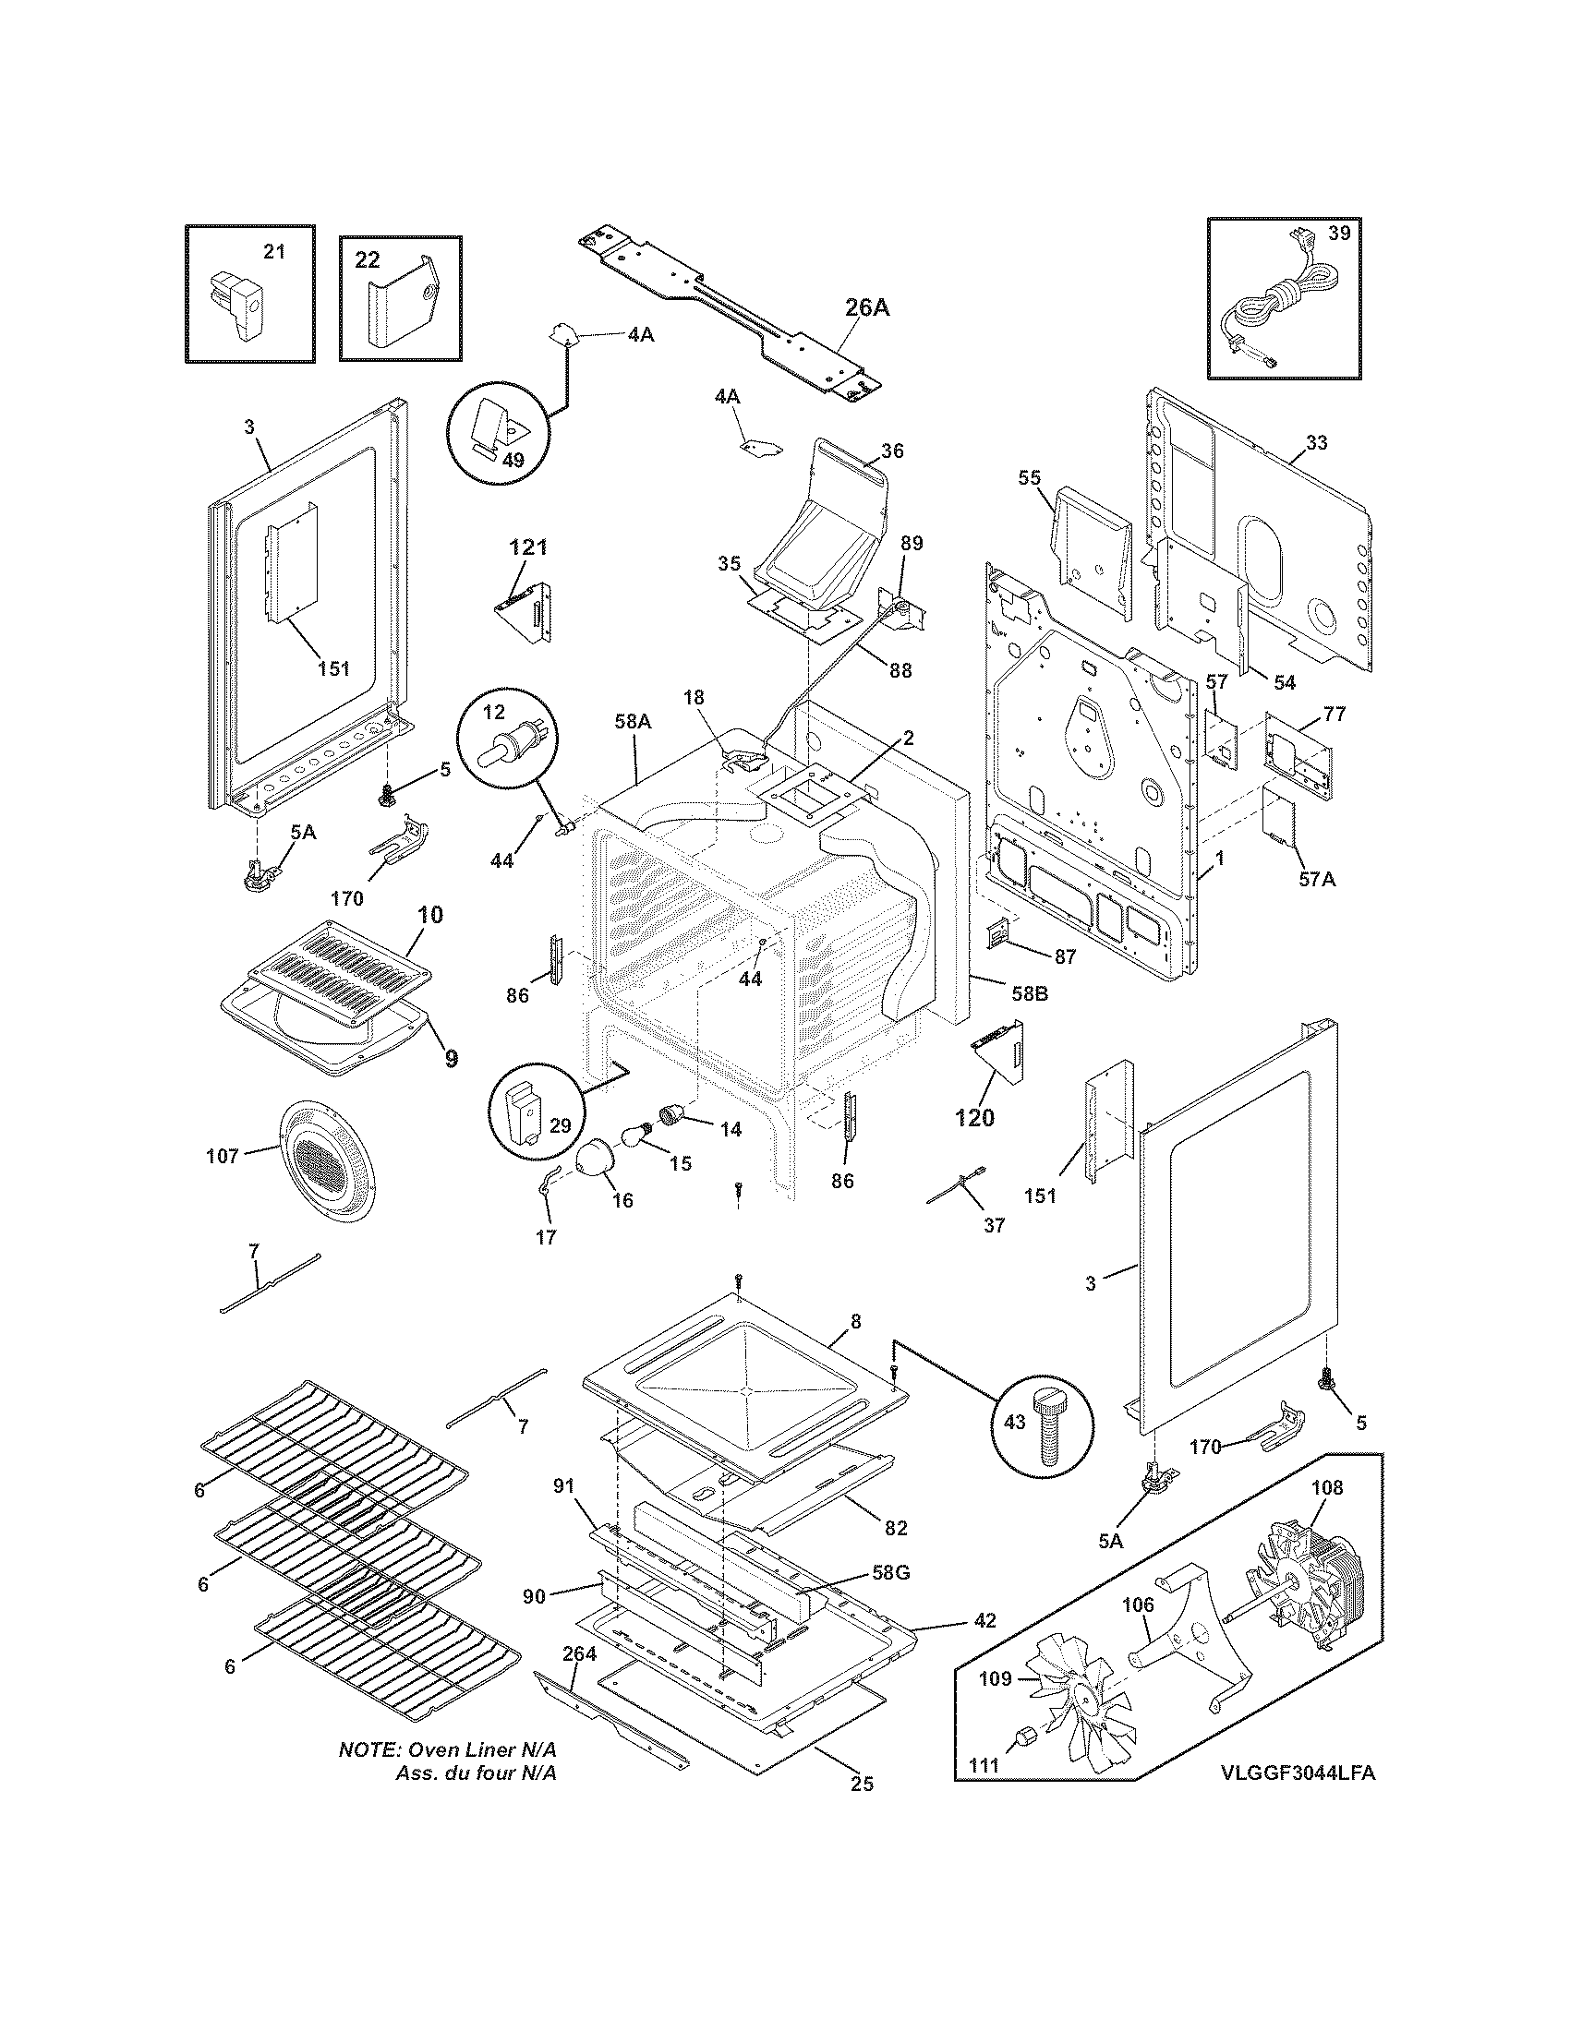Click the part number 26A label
tap(866, 307)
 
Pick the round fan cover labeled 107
tap(331, 1160)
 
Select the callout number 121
tap(527, 547)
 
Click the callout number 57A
tap(1316, 877)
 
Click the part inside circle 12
tap(512, 747)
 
